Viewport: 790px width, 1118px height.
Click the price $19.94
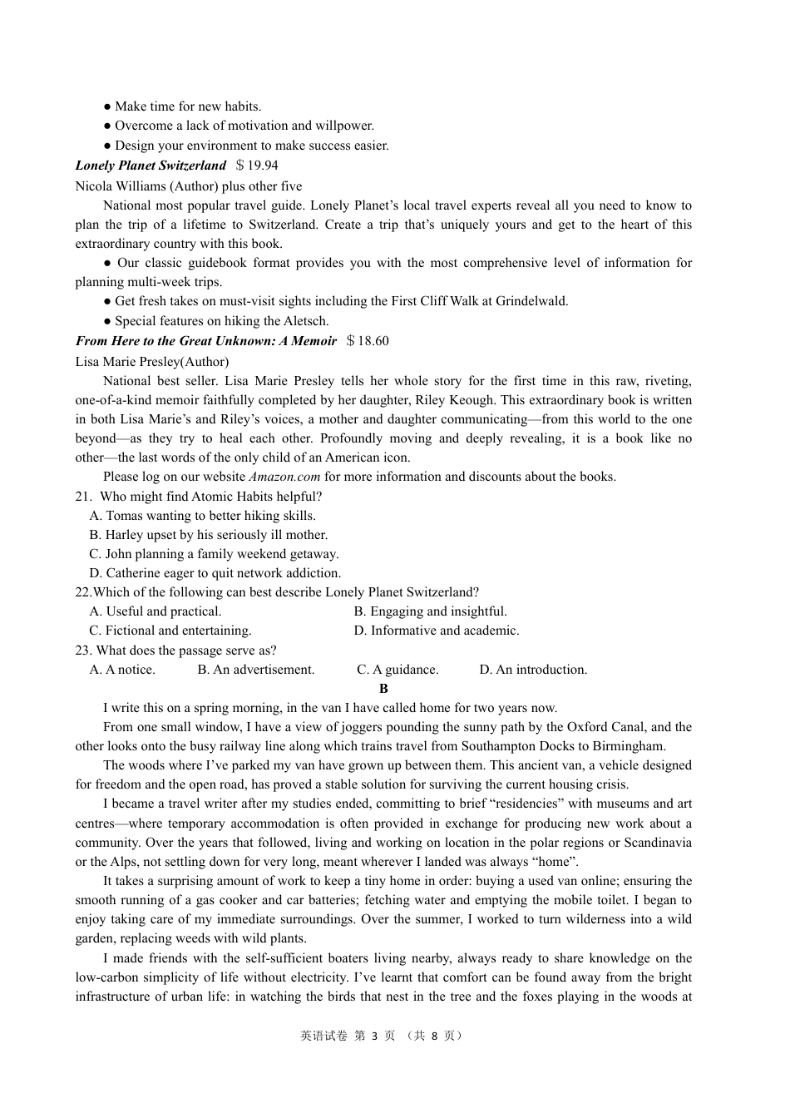tap(257, 166)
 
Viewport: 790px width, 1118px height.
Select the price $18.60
tap(368, 341)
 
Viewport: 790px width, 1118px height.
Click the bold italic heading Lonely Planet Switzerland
tap(151, 166)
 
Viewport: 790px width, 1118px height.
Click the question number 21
tap(82, 497)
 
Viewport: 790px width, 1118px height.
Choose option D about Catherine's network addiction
tap(215, 573)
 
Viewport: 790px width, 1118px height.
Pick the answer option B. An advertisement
tap(256, 670)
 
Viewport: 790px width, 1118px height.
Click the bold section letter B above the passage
tap(383, 689)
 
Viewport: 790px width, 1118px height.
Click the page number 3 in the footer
tap(374, 1036)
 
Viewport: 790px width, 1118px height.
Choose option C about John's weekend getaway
tap(214, 554)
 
